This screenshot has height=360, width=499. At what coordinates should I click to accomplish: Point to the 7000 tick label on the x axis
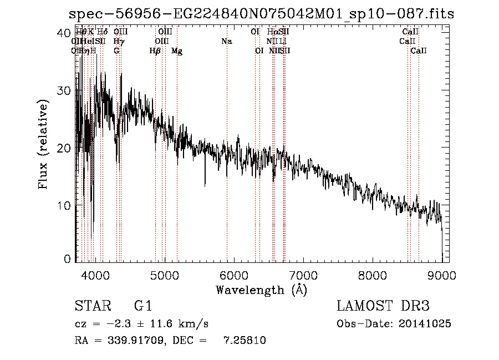(303, 275)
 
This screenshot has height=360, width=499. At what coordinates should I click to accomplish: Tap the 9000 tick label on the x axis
(442, 275)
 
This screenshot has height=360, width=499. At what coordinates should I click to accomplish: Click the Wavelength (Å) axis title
(261, 290)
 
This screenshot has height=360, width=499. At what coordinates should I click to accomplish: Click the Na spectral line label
(226, 42)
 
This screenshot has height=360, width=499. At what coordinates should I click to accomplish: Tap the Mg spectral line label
(177, 51)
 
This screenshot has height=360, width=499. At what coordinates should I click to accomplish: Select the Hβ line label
(155, 51)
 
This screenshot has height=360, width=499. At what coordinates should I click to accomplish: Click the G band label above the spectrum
(116, 51)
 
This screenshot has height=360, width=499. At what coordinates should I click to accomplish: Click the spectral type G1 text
(143, 306)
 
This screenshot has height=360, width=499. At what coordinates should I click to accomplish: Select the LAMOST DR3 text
(383, 306)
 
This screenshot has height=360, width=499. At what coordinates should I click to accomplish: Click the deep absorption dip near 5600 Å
(205, 184)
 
